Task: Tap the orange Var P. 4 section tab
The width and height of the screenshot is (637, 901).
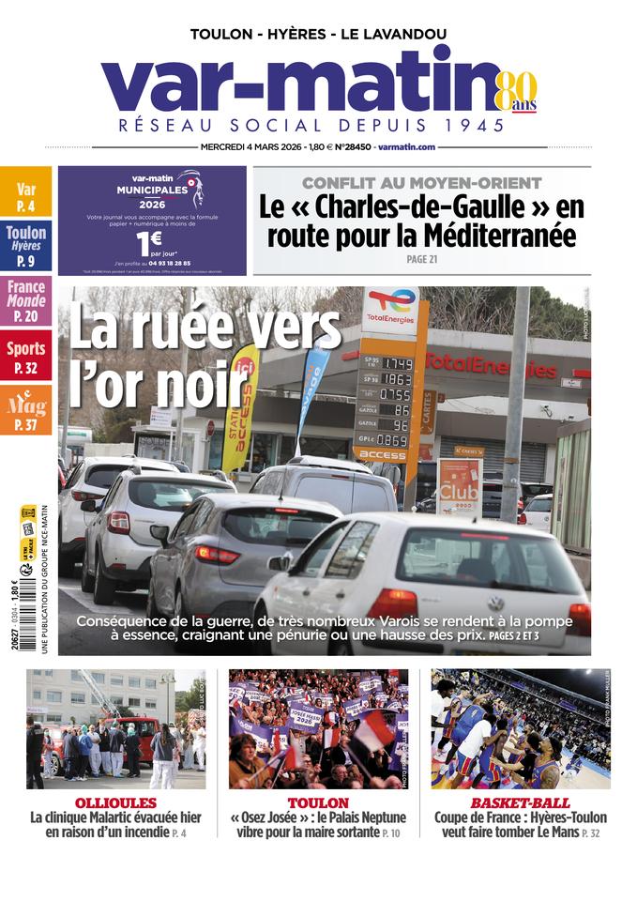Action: click(26, 192)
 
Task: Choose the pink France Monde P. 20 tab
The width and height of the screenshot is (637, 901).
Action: click(26, 300)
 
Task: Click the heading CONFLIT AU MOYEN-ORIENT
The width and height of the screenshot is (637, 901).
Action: click(421, 183)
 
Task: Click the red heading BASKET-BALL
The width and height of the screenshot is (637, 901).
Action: click(520, 803)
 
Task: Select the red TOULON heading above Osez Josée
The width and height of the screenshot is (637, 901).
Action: click(318, 803)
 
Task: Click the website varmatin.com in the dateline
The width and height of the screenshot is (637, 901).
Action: click(407, 147)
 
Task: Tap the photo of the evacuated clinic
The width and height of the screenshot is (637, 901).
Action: click(115, 728)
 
